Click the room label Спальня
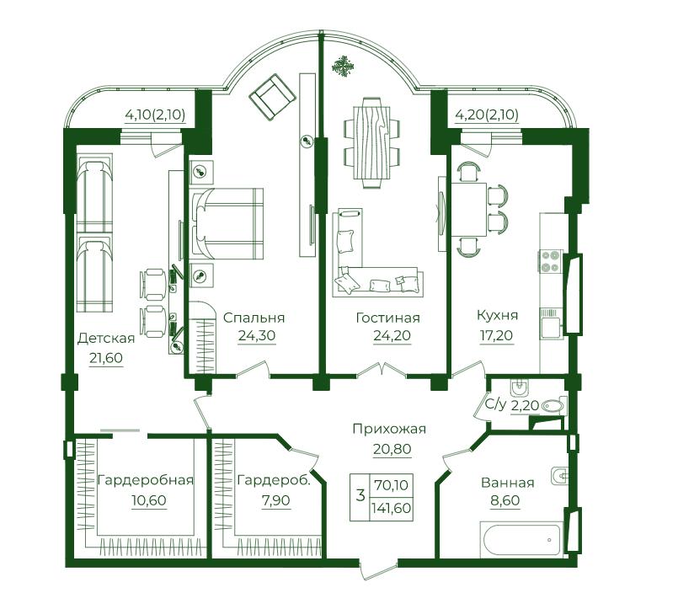(x=254, y=318)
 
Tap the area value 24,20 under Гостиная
(x=392, y=335)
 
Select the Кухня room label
(x=497, y=315)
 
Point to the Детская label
(x=106, y=339)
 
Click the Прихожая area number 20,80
(x=392, y=449)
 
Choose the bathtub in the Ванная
(x=521, y=538)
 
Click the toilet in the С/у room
(x=553, y=406)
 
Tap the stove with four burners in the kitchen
(x=550, y=261)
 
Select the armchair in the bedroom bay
(x=272, y=97)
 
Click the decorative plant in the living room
(x=343, y=67)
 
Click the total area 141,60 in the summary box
(x=391, y=507)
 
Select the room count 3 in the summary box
(x=360, y=494)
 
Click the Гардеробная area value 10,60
(x=149, y=500)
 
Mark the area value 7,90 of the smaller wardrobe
(x=276, y=500)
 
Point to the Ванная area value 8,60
(x=505, y=500)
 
